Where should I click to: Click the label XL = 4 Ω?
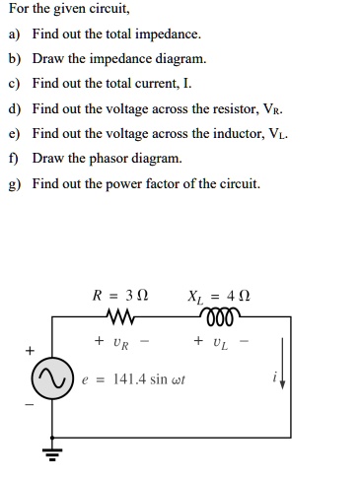[x=214, y=296]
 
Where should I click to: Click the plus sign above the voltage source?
[x=30, y=350]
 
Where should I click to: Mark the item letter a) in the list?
[x=14, y=34]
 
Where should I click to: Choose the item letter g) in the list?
[x=14, y=183]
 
